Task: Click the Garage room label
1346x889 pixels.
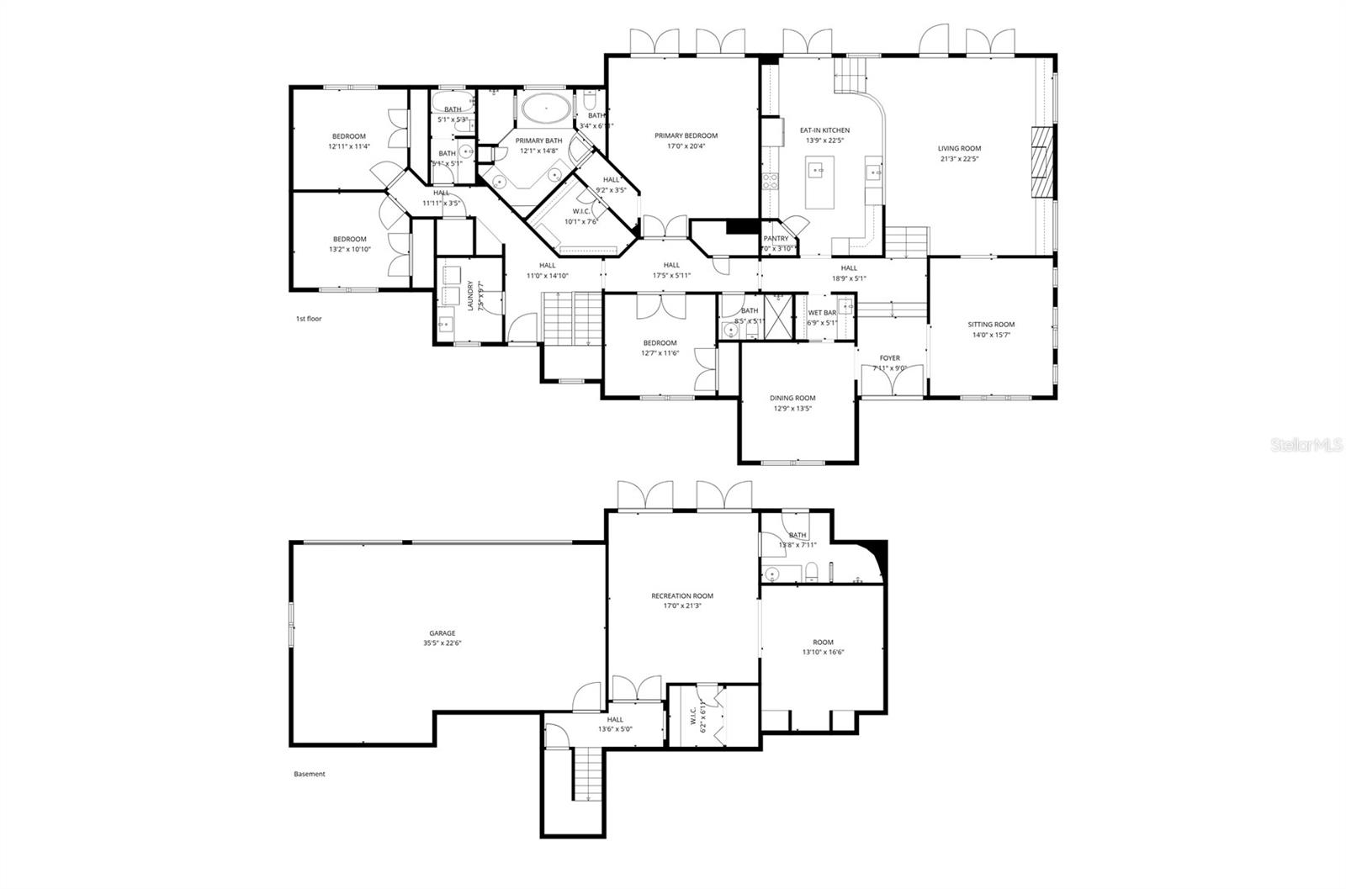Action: [442, 633]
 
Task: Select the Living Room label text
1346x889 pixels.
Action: [959, 148]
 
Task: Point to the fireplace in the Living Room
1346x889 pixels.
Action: [1043, 162]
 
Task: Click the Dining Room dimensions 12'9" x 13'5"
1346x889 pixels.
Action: [792, 409]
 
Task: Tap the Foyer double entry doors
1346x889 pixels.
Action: [891, 381]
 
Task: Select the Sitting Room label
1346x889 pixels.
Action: [991, 324]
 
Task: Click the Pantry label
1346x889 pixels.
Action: [776, 239]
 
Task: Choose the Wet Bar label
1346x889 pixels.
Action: [822, 312]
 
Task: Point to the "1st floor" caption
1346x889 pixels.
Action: [308, 319]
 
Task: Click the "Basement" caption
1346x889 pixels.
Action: [309, 774]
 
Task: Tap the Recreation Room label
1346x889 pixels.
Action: [681, 595]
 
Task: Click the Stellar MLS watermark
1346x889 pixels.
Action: [1306, 444]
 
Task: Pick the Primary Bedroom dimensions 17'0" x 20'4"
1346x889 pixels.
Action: [686, 146]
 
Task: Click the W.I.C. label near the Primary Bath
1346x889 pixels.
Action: [580, 211]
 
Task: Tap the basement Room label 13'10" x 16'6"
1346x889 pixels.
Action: [823, 642]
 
